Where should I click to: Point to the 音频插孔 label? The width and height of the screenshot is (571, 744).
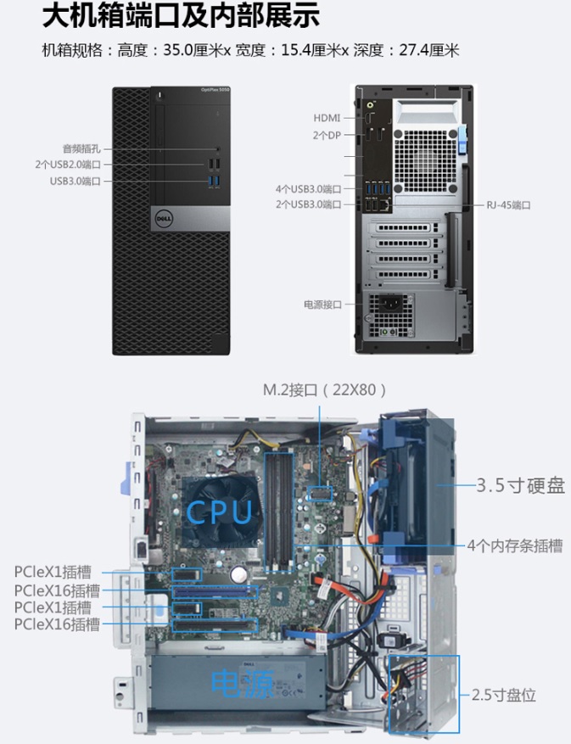coord(81,148)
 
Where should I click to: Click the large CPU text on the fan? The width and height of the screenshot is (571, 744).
coord(219,512)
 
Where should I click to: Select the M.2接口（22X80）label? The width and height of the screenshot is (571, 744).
coord(325,390)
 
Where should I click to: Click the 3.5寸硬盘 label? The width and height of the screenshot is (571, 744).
coord(520,486)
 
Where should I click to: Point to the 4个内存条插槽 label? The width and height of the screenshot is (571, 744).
coord(514,545)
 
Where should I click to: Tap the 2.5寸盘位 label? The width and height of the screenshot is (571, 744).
coord(503,696)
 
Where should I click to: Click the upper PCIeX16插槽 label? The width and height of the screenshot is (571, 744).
coord(57,590)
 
